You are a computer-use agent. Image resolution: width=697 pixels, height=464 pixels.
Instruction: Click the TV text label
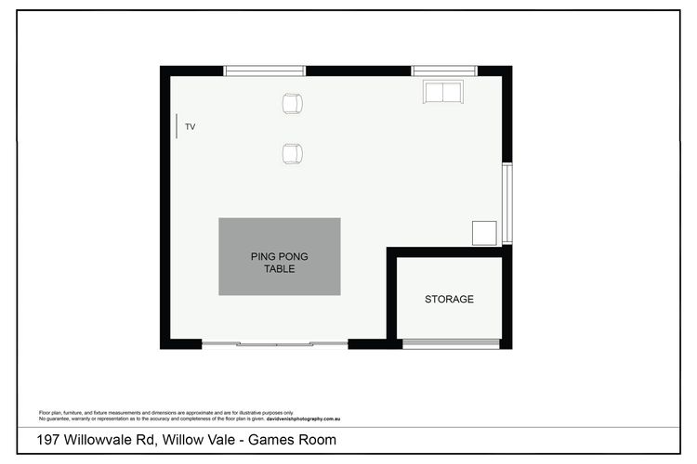[190, 126]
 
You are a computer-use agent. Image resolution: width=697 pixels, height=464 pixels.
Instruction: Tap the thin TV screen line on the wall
[176, 126]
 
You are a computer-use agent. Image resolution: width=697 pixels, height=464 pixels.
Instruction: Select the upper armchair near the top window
[293, 103]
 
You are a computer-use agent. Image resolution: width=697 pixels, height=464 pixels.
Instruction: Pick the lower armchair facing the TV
[293, 153]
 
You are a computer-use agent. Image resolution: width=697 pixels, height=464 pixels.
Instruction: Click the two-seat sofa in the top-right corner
[442, 91]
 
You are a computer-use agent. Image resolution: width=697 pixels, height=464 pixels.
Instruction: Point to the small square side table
[484, 232]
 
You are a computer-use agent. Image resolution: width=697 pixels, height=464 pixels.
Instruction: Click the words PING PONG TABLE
[279, 262]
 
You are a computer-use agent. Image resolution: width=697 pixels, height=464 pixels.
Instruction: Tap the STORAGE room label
[449, 299]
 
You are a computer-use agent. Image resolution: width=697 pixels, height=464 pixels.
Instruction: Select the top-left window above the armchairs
[264, 71]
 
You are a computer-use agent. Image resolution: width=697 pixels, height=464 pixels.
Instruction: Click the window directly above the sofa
[443, 71]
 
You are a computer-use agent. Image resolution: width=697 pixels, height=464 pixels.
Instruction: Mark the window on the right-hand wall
[506, 203]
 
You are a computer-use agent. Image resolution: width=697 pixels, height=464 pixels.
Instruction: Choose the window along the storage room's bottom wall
[451, 344]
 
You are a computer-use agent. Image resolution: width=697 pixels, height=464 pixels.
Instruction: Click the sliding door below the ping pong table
[275, 344]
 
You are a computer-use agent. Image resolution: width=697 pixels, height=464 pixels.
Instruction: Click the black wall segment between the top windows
[358, 71]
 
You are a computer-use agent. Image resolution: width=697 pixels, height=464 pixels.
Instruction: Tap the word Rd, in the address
[164, 440]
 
